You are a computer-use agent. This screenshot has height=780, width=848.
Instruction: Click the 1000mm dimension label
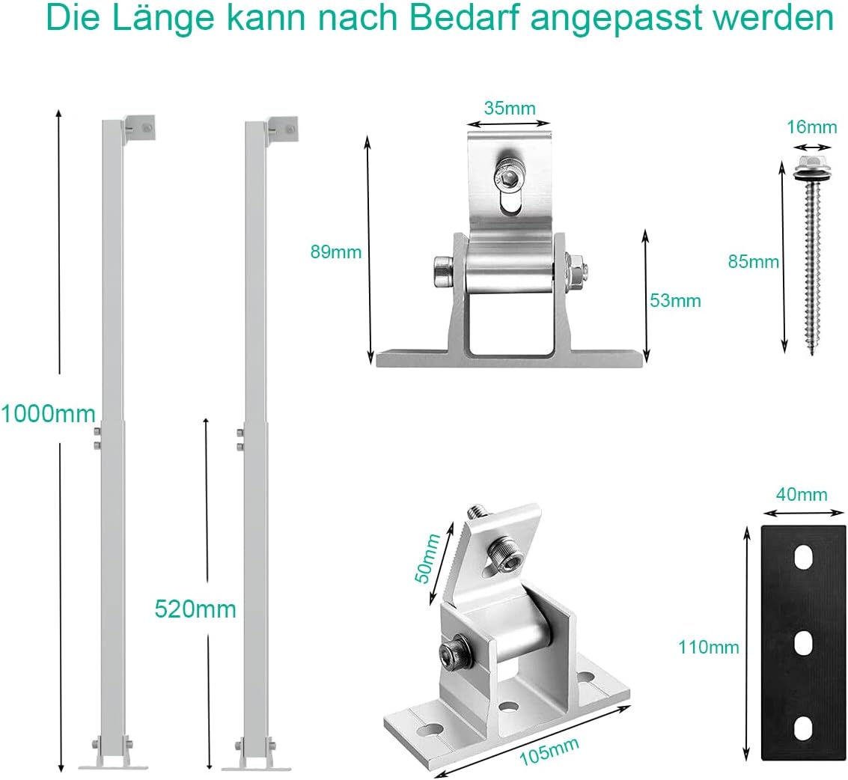[x=48, y=414]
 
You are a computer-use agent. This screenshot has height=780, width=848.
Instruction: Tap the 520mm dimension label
[x=195, y=609]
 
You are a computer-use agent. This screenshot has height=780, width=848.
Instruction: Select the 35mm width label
[x=510, y=109]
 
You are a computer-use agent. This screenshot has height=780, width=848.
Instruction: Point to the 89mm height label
[x=336, y=252]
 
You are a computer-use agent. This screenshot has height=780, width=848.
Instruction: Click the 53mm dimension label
[x=675, y=300]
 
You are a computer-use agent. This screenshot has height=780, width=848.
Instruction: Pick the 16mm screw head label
[x=812, y=127]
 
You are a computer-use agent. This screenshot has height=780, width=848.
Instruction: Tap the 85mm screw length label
[x=754, y=262]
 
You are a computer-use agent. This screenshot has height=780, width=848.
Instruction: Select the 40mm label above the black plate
[x=802, y=494]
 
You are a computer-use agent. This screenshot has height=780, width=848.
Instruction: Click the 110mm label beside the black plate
[x=709, y=647]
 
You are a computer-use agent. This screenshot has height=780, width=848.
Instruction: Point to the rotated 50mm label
[x=428, y=558]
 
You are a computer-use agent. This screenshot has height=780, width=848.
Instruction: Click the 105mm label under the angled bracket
[x=549, y=752]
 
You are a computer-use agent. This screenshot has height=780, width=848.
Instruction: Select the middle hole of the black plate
[x=804, y=643]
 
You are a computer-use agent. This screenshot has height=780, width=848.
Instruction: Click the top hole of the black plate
[x=804, y=558]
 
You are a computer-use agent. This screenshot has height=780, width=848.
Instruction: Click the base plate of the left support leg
[x=113, y=767]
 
